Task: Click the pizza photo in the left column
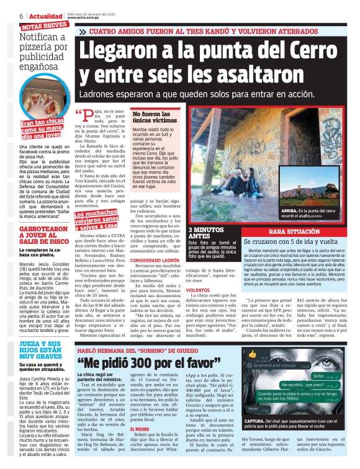pos(44,115)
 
